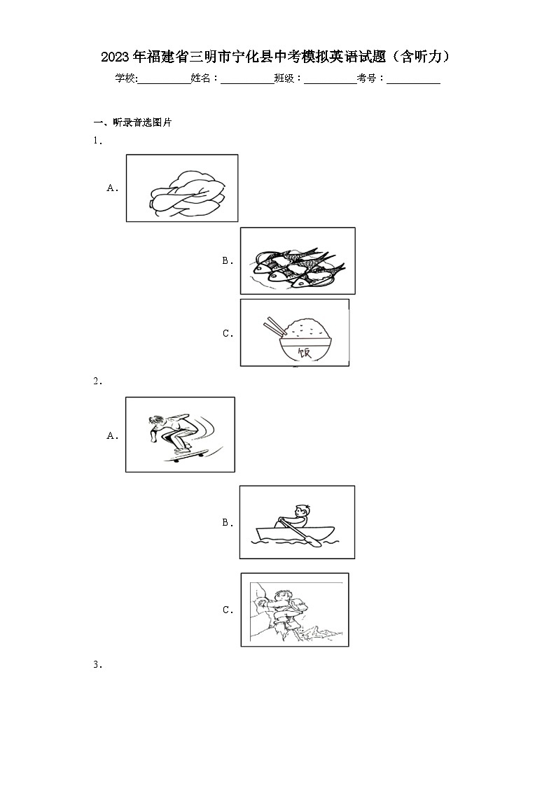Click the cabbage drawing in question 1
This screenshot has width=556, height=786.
[187, 193]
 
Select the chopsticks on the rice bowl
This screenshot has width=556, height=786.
[274, 326]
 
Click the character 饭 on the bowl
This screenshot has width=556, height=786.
[305, 352]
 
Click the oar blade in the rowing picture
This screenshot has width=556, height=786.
[315, 542]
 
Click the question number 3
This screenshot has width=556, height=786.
[97, 665]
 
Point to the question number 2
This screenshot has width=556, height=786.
[97, 381]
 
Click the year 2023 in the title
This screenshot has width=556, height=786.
[116, 57]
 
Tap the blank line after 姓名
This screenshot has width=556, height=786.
[248, 83]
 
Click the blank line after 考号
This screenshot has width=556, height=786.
[414, 83]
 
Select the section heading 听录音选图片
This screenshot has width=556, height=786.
[142, 122]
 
